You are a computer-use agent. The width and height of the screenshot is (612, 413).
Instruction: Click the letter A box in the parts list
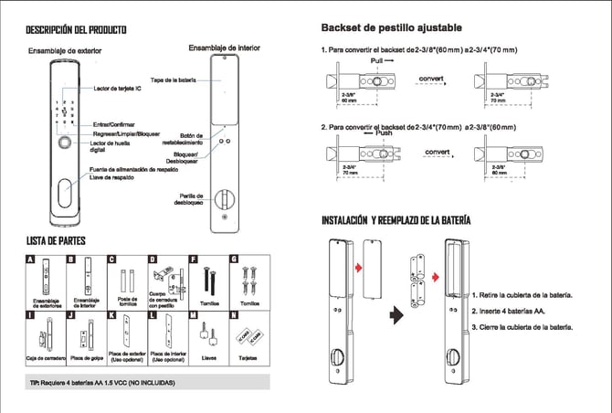tap(31, 259)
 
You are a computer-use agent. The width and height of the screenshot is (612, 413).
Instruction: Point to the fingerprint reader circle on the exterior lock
tap(64, 143)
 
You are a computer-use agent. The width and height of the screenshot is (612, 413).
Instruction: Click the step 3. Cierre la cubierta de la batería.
tap(522, 327)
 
